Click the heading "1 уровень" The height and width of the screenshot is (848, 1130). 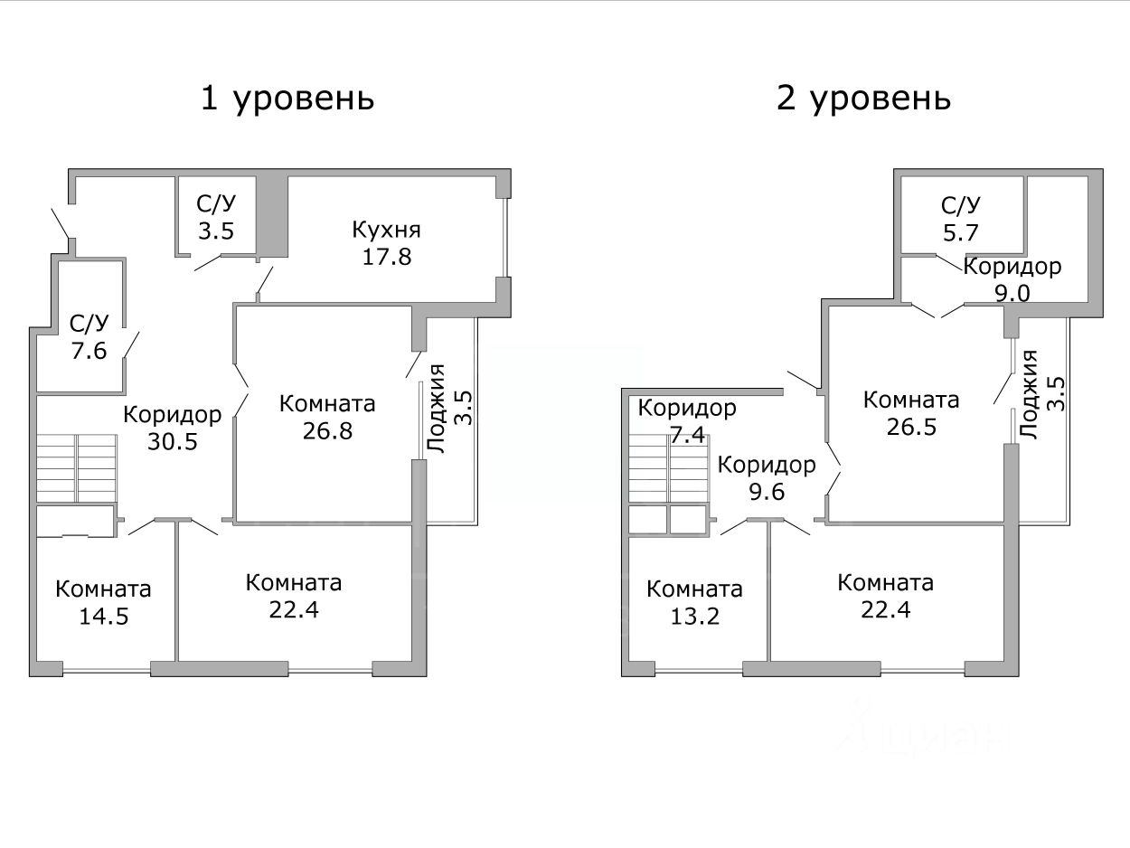(x=287, y=98)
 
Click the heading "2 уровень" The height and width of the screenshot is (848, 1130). (x=863, y=98)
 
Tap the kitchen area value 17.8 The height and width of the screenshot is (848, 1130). (x=386, y=257)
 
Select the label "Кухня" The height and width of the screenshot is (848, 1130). (x=386, y=230)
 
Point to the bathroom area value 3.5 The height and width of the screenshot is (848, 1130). (x=216, y=230)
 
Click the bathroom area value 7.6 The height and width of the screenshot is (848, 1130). (x=89, y=350)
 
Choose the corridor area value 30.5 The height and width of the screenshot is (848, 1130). (x=172, y=442)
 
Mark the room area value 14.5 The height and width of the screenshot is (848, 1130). (x=102, y=616)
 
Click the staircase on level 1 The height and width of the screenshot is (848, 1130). (x=77, y=467)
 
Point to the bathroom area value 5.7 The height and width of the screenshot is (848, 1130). (x=960, y=232)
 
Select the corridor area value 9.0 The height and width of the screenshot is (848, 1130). (x=1012, y=293)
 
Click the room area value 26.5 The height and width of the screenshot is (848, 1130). (x=911, y=427)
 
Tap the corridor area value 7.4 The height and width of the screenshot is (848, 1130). (x=687, y=435)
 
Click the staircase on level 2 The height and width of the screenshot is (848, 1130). (x=668, y=468)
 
